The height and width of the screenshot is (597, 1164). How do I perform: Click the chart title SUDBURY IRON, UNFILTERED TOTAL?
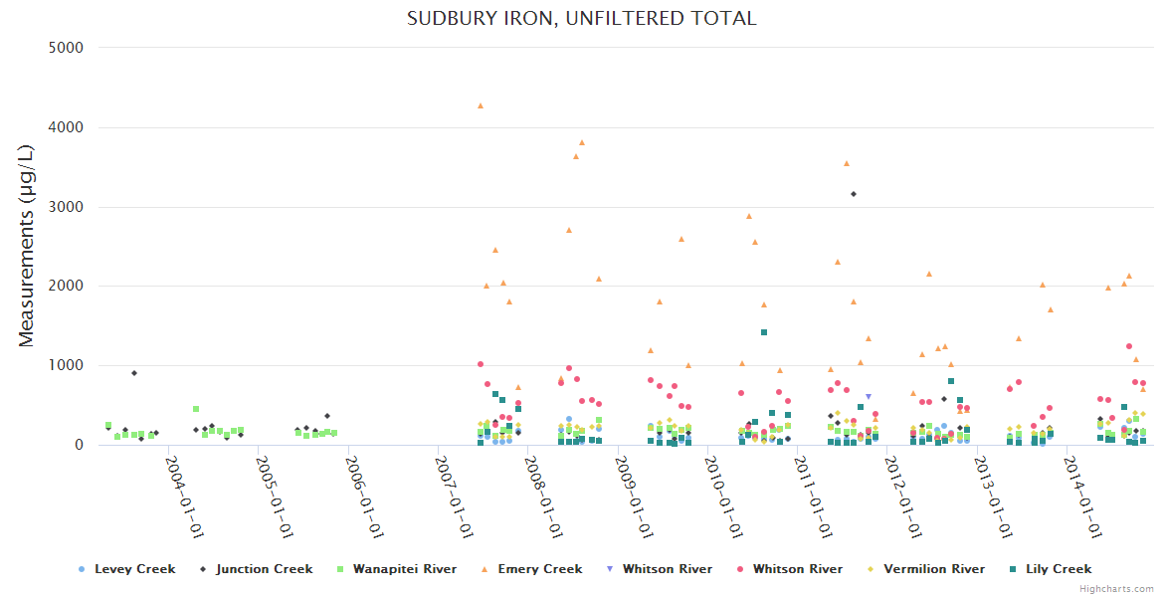tap(581, 18)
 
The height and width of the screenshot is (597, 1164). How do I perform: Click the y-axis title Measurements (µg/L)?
tap(27, 246)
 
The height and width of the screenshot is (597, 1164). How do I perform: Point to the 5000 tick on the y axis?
tap(67, 48)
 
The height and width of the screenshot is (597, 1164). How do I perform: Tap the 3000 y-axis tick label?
tap(67, 207)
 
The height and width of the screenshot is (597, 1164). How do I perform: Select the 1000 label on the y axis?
tap(67, 365)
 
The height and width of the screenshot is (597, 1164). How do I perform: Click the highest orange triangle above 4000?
tap(481, 105)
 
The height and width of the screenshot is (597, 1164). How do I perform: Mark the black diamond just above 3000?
tap(854, 194)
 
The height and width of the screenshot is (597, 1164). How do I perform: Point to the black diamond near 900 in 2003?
tap(134, 373)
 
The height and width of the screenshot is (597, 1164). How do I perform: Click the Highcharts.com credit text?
tap(1117, 589)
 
